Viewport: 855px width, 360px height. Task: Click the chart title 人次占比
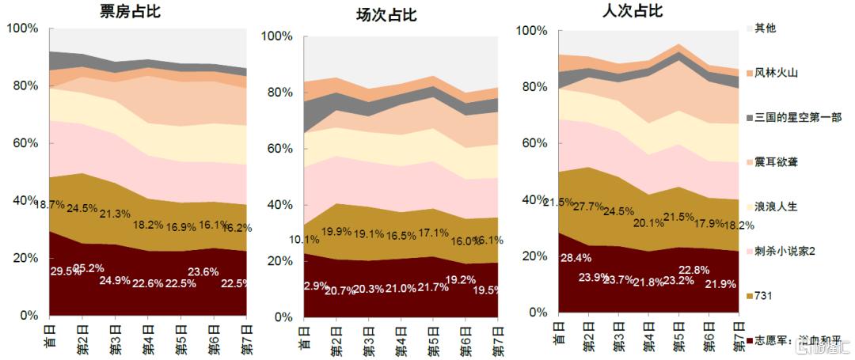click(x=633, y=11)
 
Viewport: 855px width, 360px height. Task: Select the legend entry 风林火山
click(x=775, y=74)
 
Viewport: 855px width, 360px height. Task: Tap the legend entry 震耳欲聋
click(x=776, y=162)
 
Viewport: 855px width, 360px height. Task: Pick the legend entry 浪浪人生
click(x=776, y=207)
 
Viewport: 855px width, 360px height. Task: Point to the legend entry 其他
click(x=765, y=29)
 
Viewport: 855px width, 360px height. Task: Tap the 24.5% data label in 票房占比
click(x=83, y=209)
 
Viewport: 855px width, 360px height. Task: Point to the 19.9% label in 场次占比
click(x=336, y=232)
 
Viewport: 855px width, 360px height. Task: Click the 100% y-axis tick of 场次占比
click(x=278, y=36)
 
